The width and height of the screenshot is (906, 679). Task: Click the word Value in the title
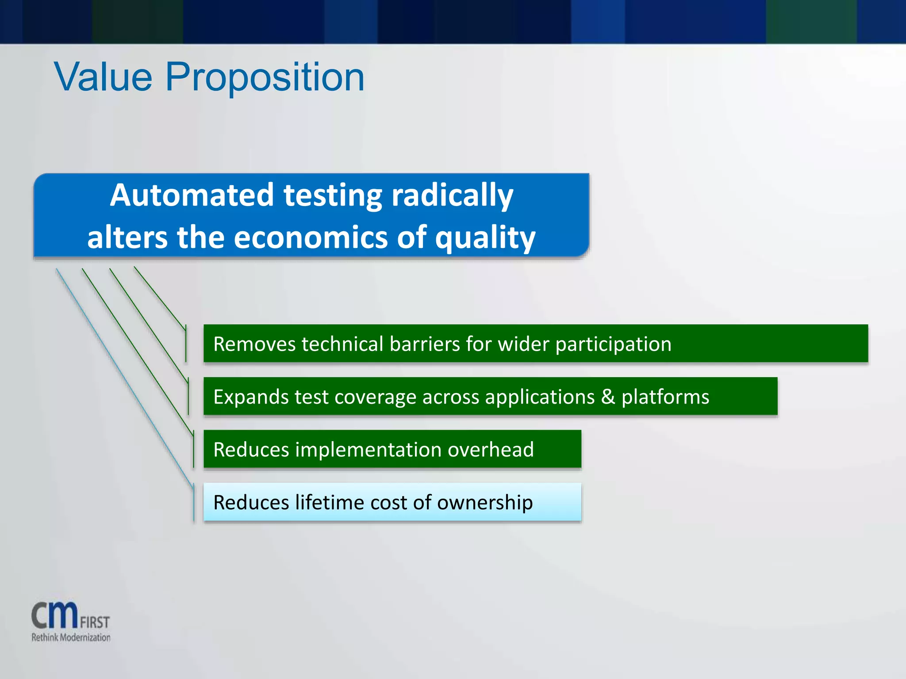103,77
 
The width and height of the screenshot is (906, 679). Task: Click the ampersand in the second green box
608,397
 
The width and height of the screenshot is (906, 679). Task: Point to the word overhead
491,450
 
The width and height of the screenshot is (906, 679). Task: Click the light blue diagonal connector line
124,376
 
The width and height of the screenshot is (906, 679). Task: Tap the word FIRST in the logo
95,622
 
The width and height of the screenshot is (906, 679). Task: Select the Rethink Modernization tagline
71,637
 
